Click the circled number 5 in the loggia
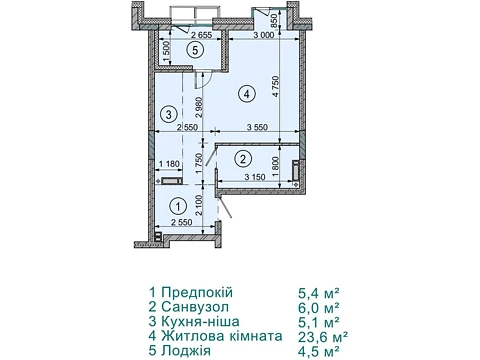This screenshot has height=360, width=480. click(x=195, y=51)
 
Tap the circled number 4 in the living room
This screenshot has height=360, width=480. click(x=246, y=94)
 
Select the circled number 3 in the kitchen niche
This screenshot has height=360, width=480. click(x=169, y=114)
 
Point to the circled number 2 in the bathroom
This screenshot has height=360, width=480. click(x=243, y=158)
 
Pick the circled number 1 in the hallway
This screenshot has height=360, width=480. click(x=178, y=207)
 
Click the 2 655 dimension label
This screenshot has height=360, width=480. click(x=201, y=35)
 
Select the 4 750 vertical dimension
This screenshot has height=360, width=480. click(x=275, y=87)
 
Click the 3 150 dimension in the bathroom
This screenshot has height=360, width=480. click(x=255, y=177)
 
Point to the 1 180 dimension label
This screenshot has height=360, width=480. click(x=169, y=164)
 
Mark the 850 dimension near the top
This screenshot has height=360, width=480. click(x=274, y=21)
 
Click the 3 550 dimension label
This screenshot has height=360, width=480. click(x=257, y=127)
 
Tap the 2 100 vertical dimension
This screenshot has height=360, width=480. click(x=199, y=206)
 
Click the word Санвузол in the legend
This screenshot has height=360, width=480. click(x=195, y=307)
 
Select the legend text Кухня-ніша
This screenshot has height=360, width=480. click(x=200, y=322)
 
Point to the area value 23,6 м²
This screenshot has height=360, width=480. click(x=323, y=337)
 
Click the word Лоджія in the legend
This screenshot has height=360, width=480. click(x=186, y=351)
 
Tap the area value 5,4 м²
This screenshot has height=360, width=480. click(x=319, y=293)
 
